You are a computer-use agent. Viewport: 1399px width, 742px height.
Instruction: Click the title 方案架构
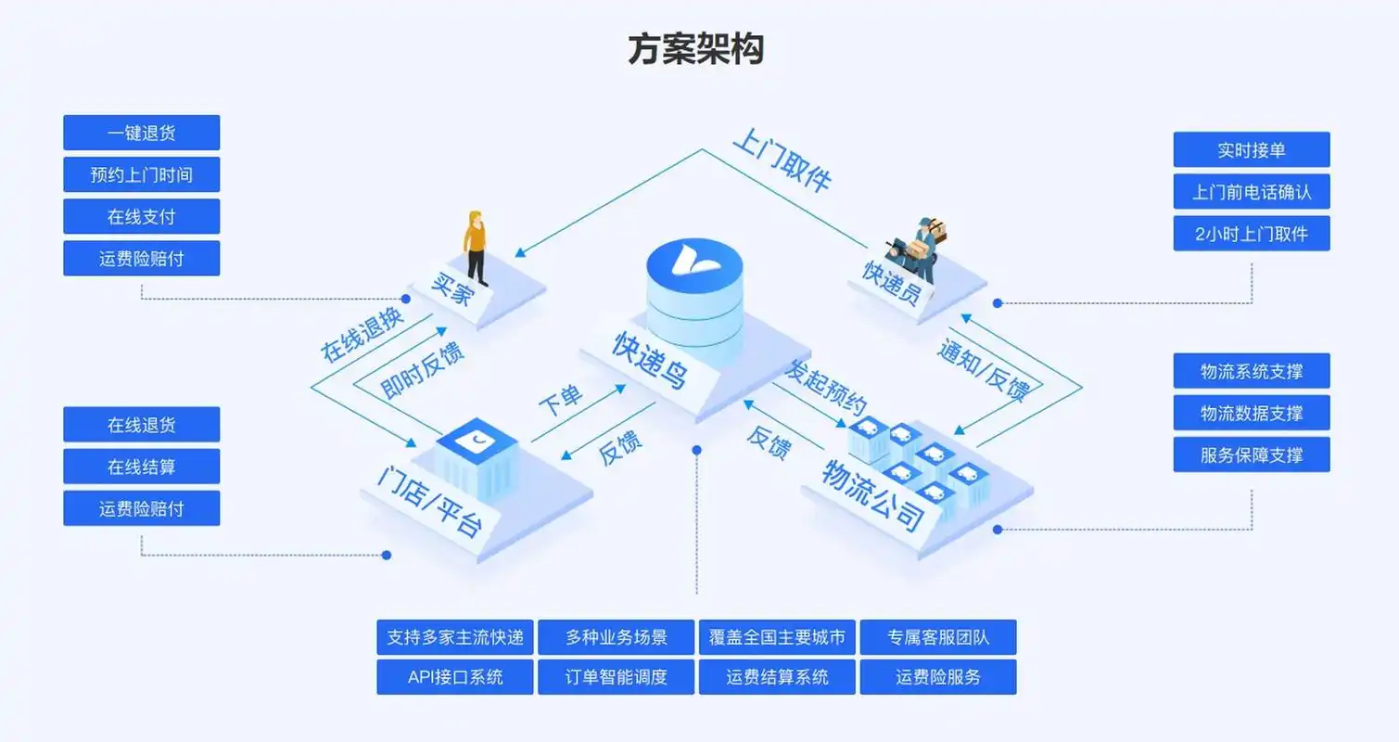pyautogui.click(x=695, y=49)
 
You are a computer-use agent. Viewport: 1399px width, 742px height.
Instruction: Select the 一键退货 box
pyautogui.click(x=141, y=133)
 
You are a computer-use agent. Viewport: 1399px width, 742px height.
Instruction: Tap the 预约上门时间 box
pyautogui.click(x=141, y=174)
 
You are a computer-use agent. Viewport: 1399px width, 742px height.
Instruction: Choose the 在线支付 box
pyautogui.click(x=141, y=216)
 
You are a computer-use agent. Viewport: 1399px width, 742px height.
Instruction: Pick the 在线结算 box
pyautogui.click(x=141, y=467)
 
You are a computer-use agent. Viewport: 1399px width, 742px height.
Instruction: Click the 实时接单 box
pyautogui.click(x=1252, y=149)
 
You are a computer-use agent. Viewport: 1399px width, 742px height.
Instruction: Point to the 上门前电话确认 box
pyautogui.click(x=1252, y=192)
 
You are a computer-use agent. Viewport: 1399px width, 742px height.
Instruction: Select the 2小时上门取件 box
pyautogui.click(x=1252, y=234)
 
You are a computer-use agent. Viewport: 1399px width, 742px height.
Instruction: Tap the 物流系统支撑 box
pyautogui.click(x=1252, y=371)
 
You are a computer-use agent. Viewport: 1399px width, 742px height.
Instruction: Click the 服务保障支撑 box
pyautogui.click(x=1252, y=454)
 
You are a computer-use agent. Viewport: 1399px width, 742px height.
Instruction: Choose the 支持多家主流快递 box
pyautogui.click(x=455, y=637)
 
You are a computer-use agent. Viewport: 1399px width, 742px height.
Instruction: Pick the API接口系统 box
pyautogui.click(x=455, y=677)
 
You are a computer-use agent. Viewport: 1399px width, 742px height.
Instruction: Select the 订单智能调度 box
pyautogui.click(x=616, y=677)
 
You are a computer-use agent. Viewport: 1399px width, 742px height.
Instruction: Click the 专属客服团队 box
pyautogui.click(x=938, y=637)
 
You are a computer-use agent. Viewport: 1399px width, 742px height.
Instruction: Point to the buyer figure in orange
pyautogui.click(x=476, y=247)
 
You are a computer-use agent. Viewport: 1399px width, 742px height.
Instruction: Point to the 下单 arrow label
pyautogui.click(x=560, y=401)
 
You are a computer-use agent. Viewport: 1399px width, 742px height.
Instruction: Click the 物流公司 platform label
pyautogui.click(x=873, y=495)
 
